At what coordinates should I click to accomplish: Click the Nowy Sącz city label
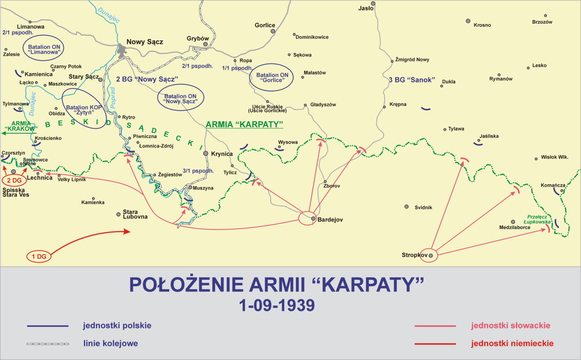(144, 42)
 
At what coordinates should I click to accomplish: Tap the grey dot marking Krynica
(206, 154)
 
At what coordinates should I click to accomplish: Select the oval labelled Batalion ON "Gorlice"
(272, 78)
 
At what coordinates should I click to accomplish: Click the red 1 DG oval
(39, 257)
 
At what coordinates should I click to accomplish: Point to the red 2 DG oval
(14, 180)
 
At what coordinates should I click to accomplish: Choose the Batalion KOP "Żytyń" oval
(84, 109)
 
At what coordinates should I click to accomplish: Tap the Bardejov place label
(330, 220)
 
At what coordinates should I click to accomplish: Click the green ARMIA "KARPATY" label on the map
(244, 124)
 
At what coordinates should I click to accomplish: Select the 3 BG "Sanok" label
(412, 80)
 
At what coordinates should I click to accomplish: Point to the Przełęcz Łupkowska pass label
(537, 219)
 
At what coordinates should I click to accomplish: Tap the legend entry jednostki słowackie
(510, 326)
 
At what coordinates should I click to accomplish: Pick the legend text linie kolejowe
(110, 343)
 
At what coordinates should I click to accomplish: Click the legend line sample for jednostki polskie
(48, 326)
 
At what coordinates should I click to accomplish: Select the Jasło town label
(366, 8)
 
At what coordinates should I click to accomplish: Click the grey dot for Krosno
(468, 21)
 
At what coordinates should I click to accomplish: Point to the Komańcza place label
(553, 185)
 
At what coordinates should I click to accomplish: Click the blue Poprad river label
(113, 98)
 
